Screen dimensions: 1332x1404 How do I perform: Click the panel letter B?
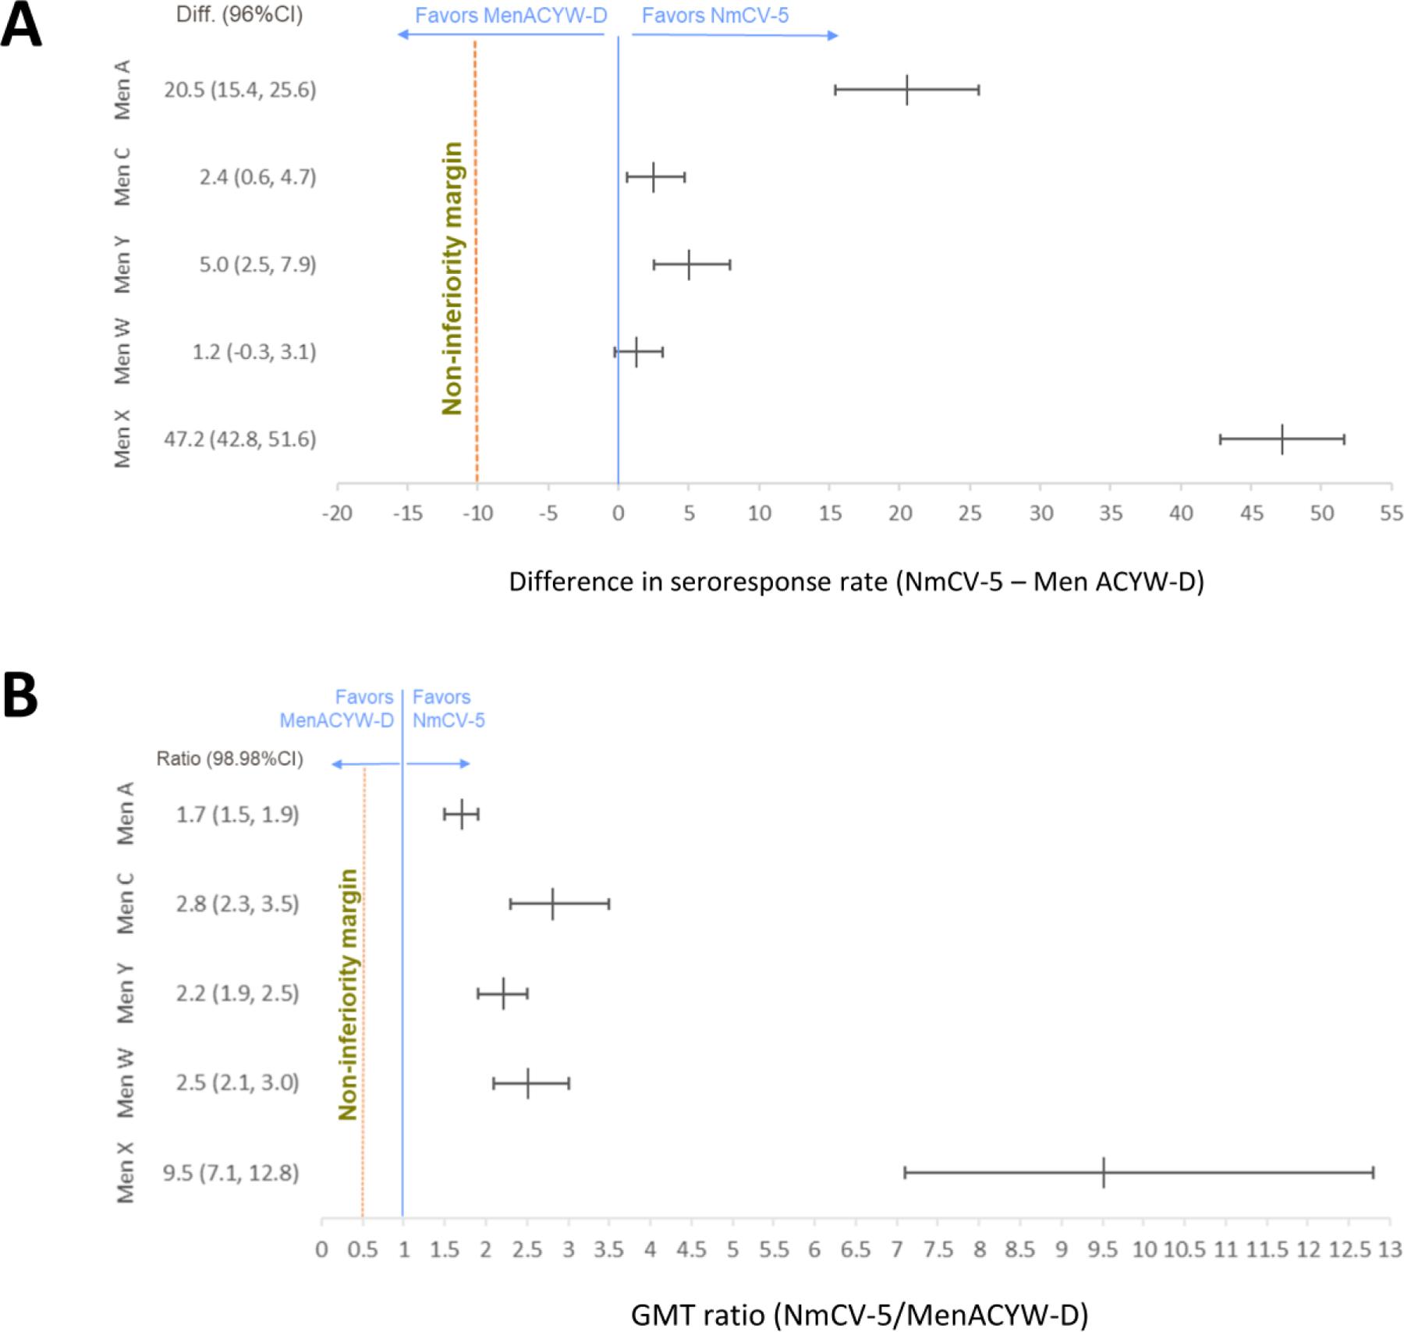pyautogui.click(x=20, y=696)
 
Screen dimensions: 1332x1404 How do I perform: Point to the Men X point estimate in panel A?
pyautogui.click(x=1282, y=439)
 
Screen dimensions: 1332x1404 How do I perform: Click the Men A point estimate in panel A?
pyautogui.click(x=907, y=90)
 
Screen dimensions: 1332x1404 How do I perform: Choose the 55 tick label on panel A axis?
pyautogui.click(x=1391, y=513)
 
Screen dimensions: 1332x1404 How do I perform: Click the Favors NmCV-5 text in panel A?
pyautogui.click(x=715, y=16)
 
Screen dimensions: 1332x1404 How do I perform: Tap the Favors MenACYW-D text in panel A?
pyautogui.click(x=511, y=16)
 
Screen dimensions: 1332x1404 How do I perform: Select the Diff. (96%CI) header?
pyautogui.click(x=239, y=15)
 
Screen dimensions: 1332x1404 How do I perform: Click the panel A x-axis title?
pyautogui.click(x=856, y=581)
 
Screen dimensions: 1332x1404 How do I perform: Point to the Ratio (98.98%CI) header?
pyautogui.click(x=229, y=758)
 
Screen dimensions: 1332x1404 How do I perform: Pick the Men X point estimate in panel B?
pyautogui.click(x=1104, y=1173)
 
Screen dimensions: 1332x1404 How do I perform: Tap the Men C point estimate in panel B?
pyautogui.click(x=552, y=904)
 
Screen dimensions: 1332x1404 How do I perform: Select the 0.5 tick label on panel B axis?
pyautogui.click(x=363, y=1250)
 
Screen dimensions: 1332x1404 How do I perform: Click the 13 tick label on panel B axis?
pyautogui.click(x=1390, y=1250)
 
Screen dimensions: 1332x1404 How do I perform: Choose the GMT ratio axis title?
pyautogui.click(x=859, y=1315)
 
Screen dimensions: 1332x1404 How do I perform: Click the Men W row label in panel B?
pyautogui.click(x=126, y=1083)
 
